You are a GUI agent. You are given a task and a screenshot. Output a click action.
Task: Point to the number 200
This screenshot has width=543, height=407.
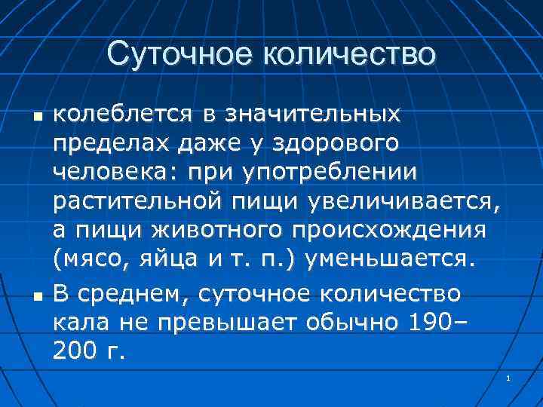tap(76, 350)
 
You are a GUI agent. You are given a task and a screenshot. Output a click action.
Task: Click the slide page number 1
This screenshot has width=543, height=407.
tap(510, 378)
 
